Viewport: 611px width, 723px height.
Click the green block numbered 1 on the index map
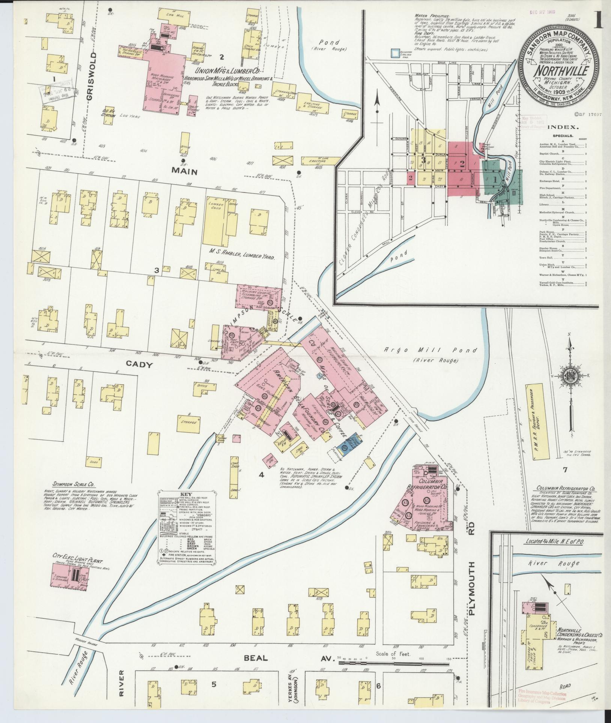[495, 180]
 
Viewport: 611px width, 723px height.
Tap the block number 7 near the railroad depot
[565, 469]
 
